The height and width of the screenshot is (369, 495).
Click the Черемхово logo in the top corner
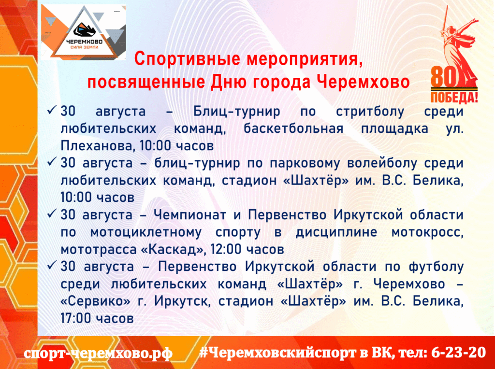pyautogui.click(x=84, y=32)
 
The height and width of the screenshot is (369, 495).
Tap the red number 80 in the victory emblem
pyautogui.click(x=445, y=76)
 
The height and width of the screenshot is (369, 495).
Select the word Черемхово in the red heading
pyautogui.click(x=363, y=82)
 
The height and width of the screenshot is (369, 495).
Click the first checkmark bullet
pyautogui.click(x=51, y=110)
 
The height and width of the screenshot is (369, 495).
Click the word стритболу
pyautogui.click(x=370, y=112)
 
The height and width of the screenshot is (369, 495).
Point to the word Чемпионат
pyautogui.click(x=190, y=215)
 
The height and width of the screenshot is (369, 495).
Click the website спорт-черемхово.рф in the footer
pyautogui.click(x=98, y=353)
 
